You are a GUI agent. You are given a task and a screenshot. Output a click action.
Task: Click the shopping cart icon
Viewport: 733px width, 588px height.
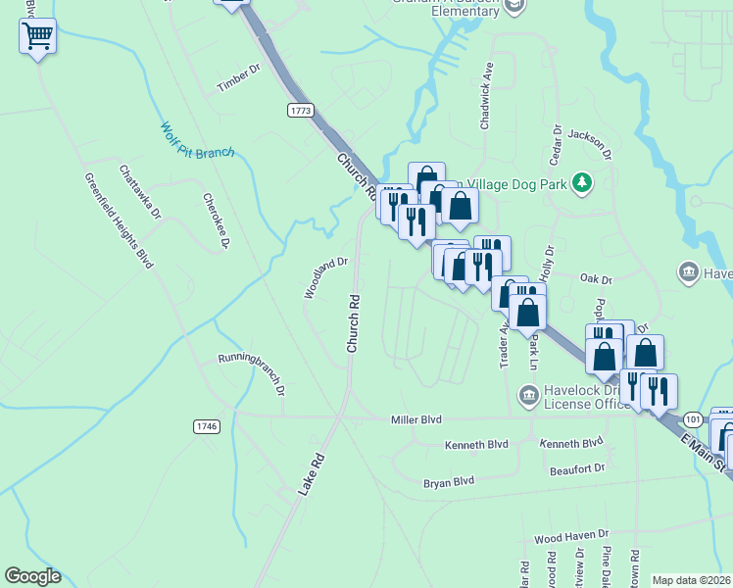pos(37,37)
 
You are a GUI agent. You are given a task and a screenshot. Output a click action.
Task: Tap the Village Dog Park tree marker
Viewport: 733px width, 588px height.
pos(583,183)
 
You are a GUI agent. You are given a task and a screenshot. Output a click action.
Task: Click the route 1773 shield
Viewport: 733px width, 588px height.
pos(301,111)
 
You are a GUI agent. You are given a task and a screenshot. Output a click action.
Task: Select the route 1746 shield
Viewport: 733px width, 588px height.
pos(207,426)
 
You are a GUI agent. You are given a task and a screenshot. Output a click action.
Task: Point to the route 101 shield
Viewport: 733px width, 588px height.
pos(693,417)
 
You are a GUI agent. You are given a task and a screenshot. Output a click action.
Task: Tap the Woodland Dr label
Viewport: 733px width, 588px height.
pos(325,277)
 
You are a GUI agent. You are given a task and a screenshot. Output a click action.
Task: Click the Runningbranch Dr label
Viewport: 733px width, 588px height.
pos(251,373)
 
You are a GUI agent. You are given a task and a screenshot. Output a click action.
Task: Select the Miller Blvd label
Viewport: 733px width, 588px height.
pos(416,419)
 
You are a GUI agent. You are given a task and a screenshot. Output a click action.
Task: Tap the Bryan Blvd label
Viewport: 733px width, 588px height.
pos(449,481)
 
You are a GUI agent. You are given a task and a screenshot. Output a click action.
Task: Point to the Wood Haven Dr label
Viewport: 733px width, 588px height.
pos(571,539)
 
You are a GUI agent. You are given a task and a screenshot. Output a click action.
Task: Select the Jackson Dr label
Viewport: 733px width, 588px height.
pos(590,144)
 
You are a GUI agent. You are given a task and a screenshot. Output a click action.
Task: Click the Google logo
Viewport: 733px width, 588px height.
pos(32,576)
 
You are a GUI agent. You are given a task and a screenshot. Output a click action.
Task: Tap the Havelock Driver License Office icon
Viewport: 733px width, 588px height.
pos(529,395)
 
